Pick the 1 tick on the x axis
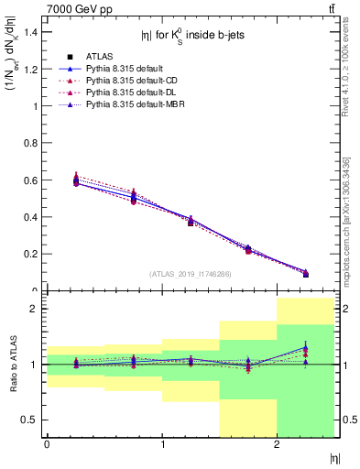(x=161, y=444)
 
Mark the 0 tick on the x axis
(x=47, y=444)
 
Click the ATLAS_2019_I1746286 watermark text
(x=190, y=274)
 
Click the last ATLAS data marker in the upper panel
(x=305, y=274)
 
